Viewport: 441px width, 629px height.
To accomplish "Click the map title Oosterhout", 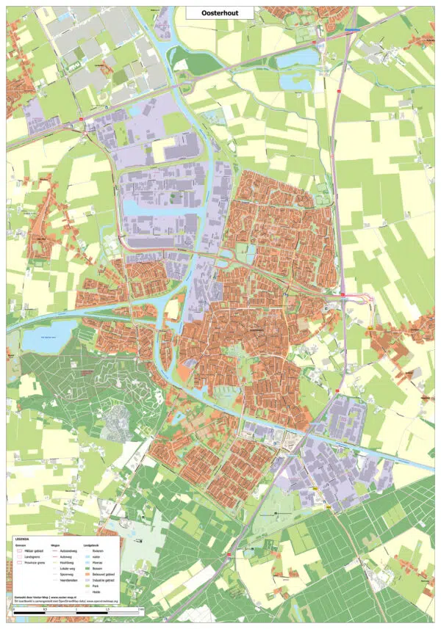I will pos(220,12).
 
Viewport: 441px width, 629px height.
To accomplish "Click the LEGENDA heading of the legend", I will pos(22,539).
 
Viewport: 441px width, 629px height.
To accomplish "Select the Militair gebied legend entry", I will pos(31,550).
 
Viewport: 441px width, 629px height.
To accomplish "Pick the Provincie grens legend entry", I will pos(32,561).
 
